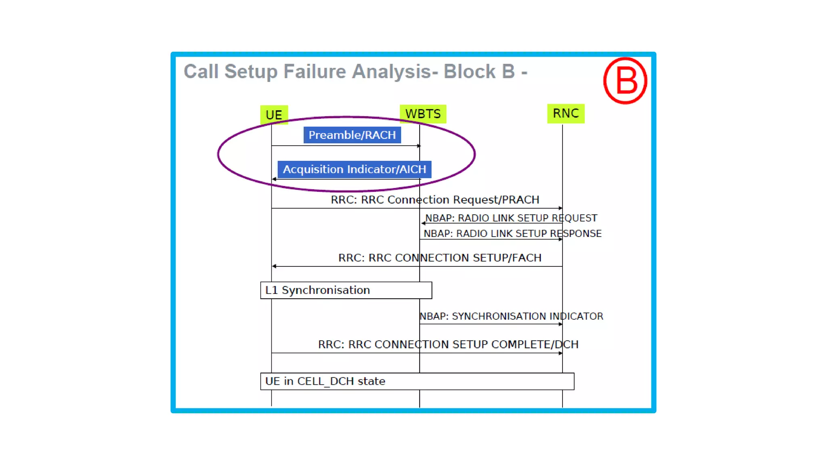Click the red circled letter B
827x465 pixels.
(x=625, y=81)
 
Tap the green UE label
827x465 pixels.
(x=274, y=115)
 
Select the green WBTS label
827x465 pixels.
(x=423, y=114)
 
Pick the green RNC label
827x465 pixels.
(x=566, y=113)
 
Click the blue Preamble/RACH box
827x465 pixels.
(x=352, y=135)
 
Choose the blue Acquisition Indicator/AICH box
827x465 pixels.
(x=354, y=169)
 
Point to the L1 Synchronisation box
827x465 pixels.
(x=346, y=290)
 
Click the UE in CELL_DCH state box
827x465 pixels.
(x=417, y=381)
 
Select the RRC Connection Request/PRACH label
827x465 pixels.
(x=435, y=200)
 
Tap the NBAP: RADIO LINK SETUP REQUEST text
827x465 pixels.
(x=511, y=218)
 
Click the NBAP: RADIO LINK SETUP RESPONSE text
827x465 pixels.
(x=512, y=233)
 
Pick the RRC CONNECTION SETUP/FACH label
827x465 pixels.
(x=440, y=258)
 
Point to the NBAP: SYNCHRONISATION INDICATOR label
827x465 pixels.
(x=511, y=316)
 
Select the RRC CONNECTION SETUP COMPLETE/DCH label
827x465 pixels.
(x=448, y=344)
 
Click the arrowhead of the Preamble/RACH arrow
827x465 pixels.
(x=419, y=146)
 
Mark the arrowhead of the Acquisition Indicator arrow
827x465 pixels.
(x=274, y=179)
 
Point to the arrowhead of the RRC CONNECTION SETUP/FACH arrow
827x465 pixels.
(x=274, y=266)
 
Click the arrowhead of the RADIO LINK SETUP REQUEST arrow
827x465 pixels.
(x=423, y=223)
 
